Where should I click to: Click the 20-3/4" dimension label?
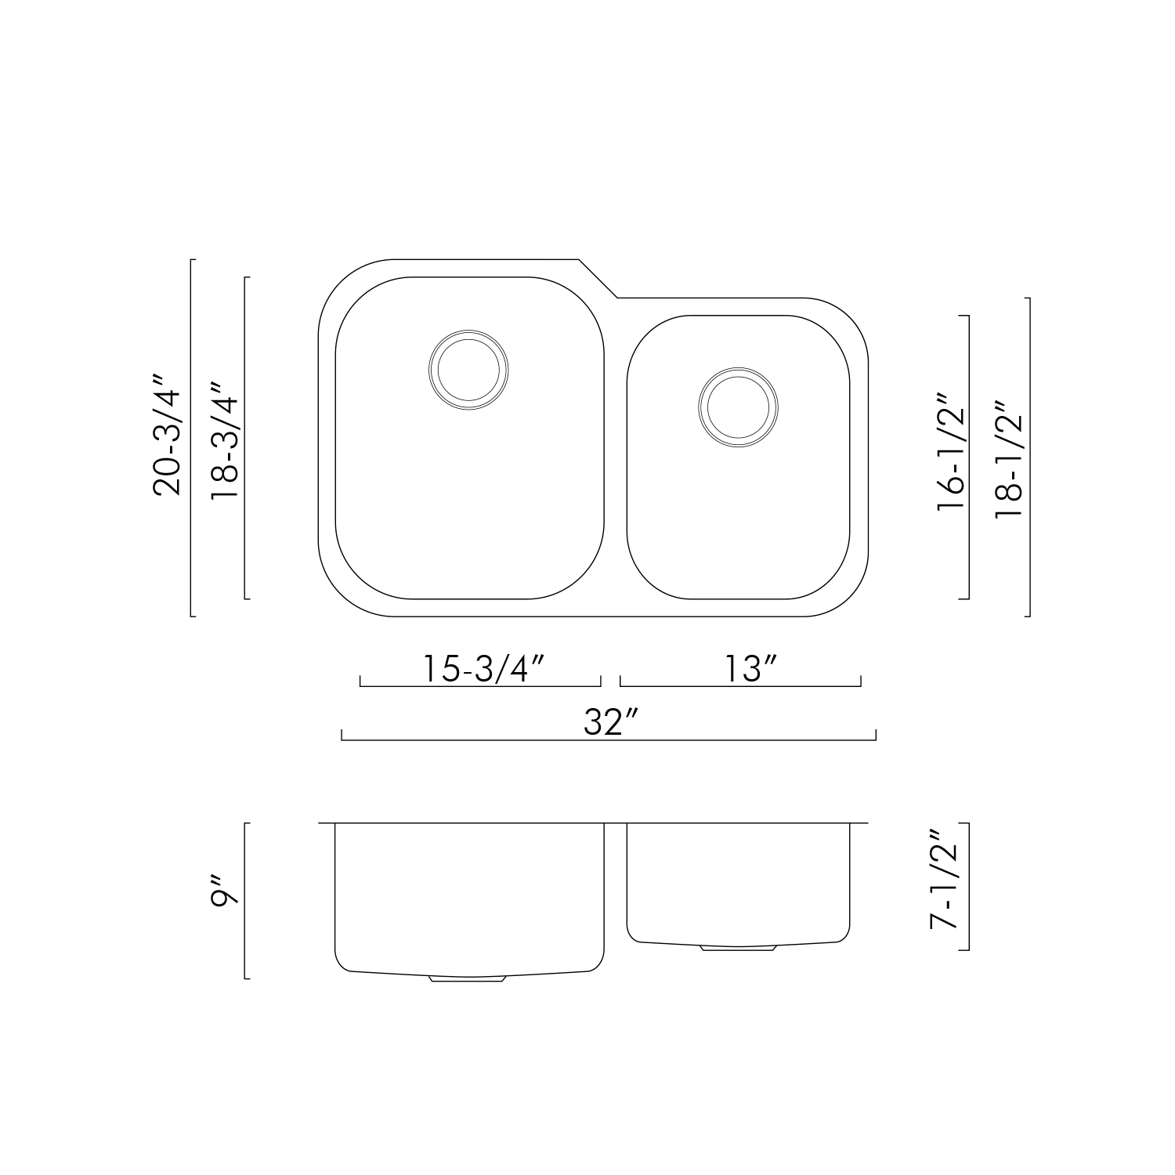[168, 438]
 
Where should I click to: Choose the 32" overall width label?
[613, 721]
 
